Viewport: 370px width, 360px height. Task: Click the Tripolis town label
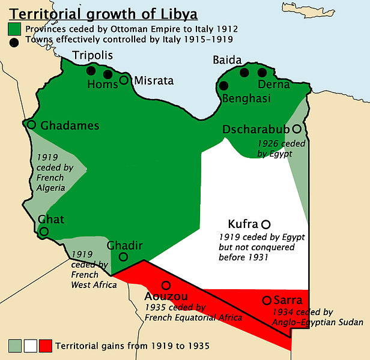pyautogui.click(x=92, y=56)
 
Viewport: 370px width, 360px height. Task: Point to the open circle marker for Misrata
pyautogui.click(x=124, y=80)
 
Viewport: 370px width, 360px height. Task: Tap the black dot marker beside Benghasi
pyautogui.click(x=224, y=86)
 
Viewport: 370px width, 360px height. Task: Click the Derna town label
pyautogui.click(x=273, y=85)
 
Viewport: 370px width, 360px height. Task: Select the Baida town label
pyautogui.click(x=227, y=61)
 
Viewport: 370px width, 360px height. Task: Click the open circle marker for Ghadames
pyautogui.click(x=32, y=125)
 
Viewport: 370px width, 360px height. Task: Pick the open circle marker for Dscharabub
pyautogui.click(x=296, y=129)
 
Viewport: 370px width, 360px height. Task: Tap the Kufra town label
pyautogui.click(x=243, y=223)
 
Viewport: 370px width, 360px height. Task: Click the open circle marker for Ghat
pyautogui.click(x=44, y=232)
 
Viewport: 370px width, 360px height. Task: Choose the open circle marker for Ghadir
pyautogui.click(x=123, y=257)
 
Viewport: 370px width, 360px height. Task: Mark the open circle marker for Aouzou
pyautogui.click(x=166, y=285)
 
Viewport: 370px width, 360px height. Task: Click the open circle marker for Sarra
pyautogui.click(x=267, y=300)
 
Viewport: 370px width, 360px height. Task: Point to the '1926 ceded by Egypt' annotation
pyautogui.click(x=281, y=149)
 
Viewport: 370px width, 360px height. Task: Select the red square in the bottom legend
pyautogui.click(x=44, y=346)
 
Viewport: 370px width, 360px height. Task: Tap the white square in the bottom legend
pyautogui.click(x=30, y=346)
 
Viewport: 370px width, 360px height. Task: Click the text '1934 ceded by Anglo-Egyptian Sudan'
pyautogui.click(x=317, y=317)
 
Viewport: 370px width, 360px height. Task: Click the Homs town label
pyautogui.click(x=103, y=85)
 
